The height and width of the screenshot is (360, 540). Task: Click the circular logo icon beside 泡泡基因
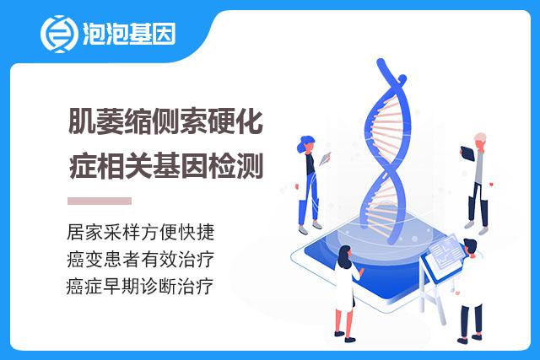58,34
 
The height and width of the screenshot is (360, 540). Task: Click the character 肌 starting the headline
81,121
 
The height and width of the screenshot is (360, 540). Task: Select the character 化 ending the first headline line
250,121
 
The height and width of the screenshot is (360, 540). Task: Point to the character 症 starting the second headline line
82,166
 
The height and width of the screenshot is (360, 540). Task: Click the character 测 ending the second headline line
250,166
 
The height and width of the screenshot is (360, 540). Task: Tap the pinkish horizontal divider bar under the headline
100,201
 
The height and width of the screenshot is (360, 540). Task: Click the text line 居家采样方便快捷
141,232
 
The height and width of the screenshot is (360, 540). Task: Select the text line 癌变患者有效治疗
141,259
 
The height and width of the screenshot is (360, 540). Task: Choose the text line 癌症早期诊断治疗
140,287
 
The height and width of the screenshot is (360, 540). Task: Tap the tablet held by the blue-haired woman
325,159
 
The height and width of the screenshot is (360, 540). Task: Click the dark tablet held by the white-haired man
467,153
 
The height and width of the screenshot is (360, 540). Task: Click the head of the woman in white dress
345,255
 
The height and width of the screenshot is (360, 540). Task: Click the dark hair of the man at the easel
470,244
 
